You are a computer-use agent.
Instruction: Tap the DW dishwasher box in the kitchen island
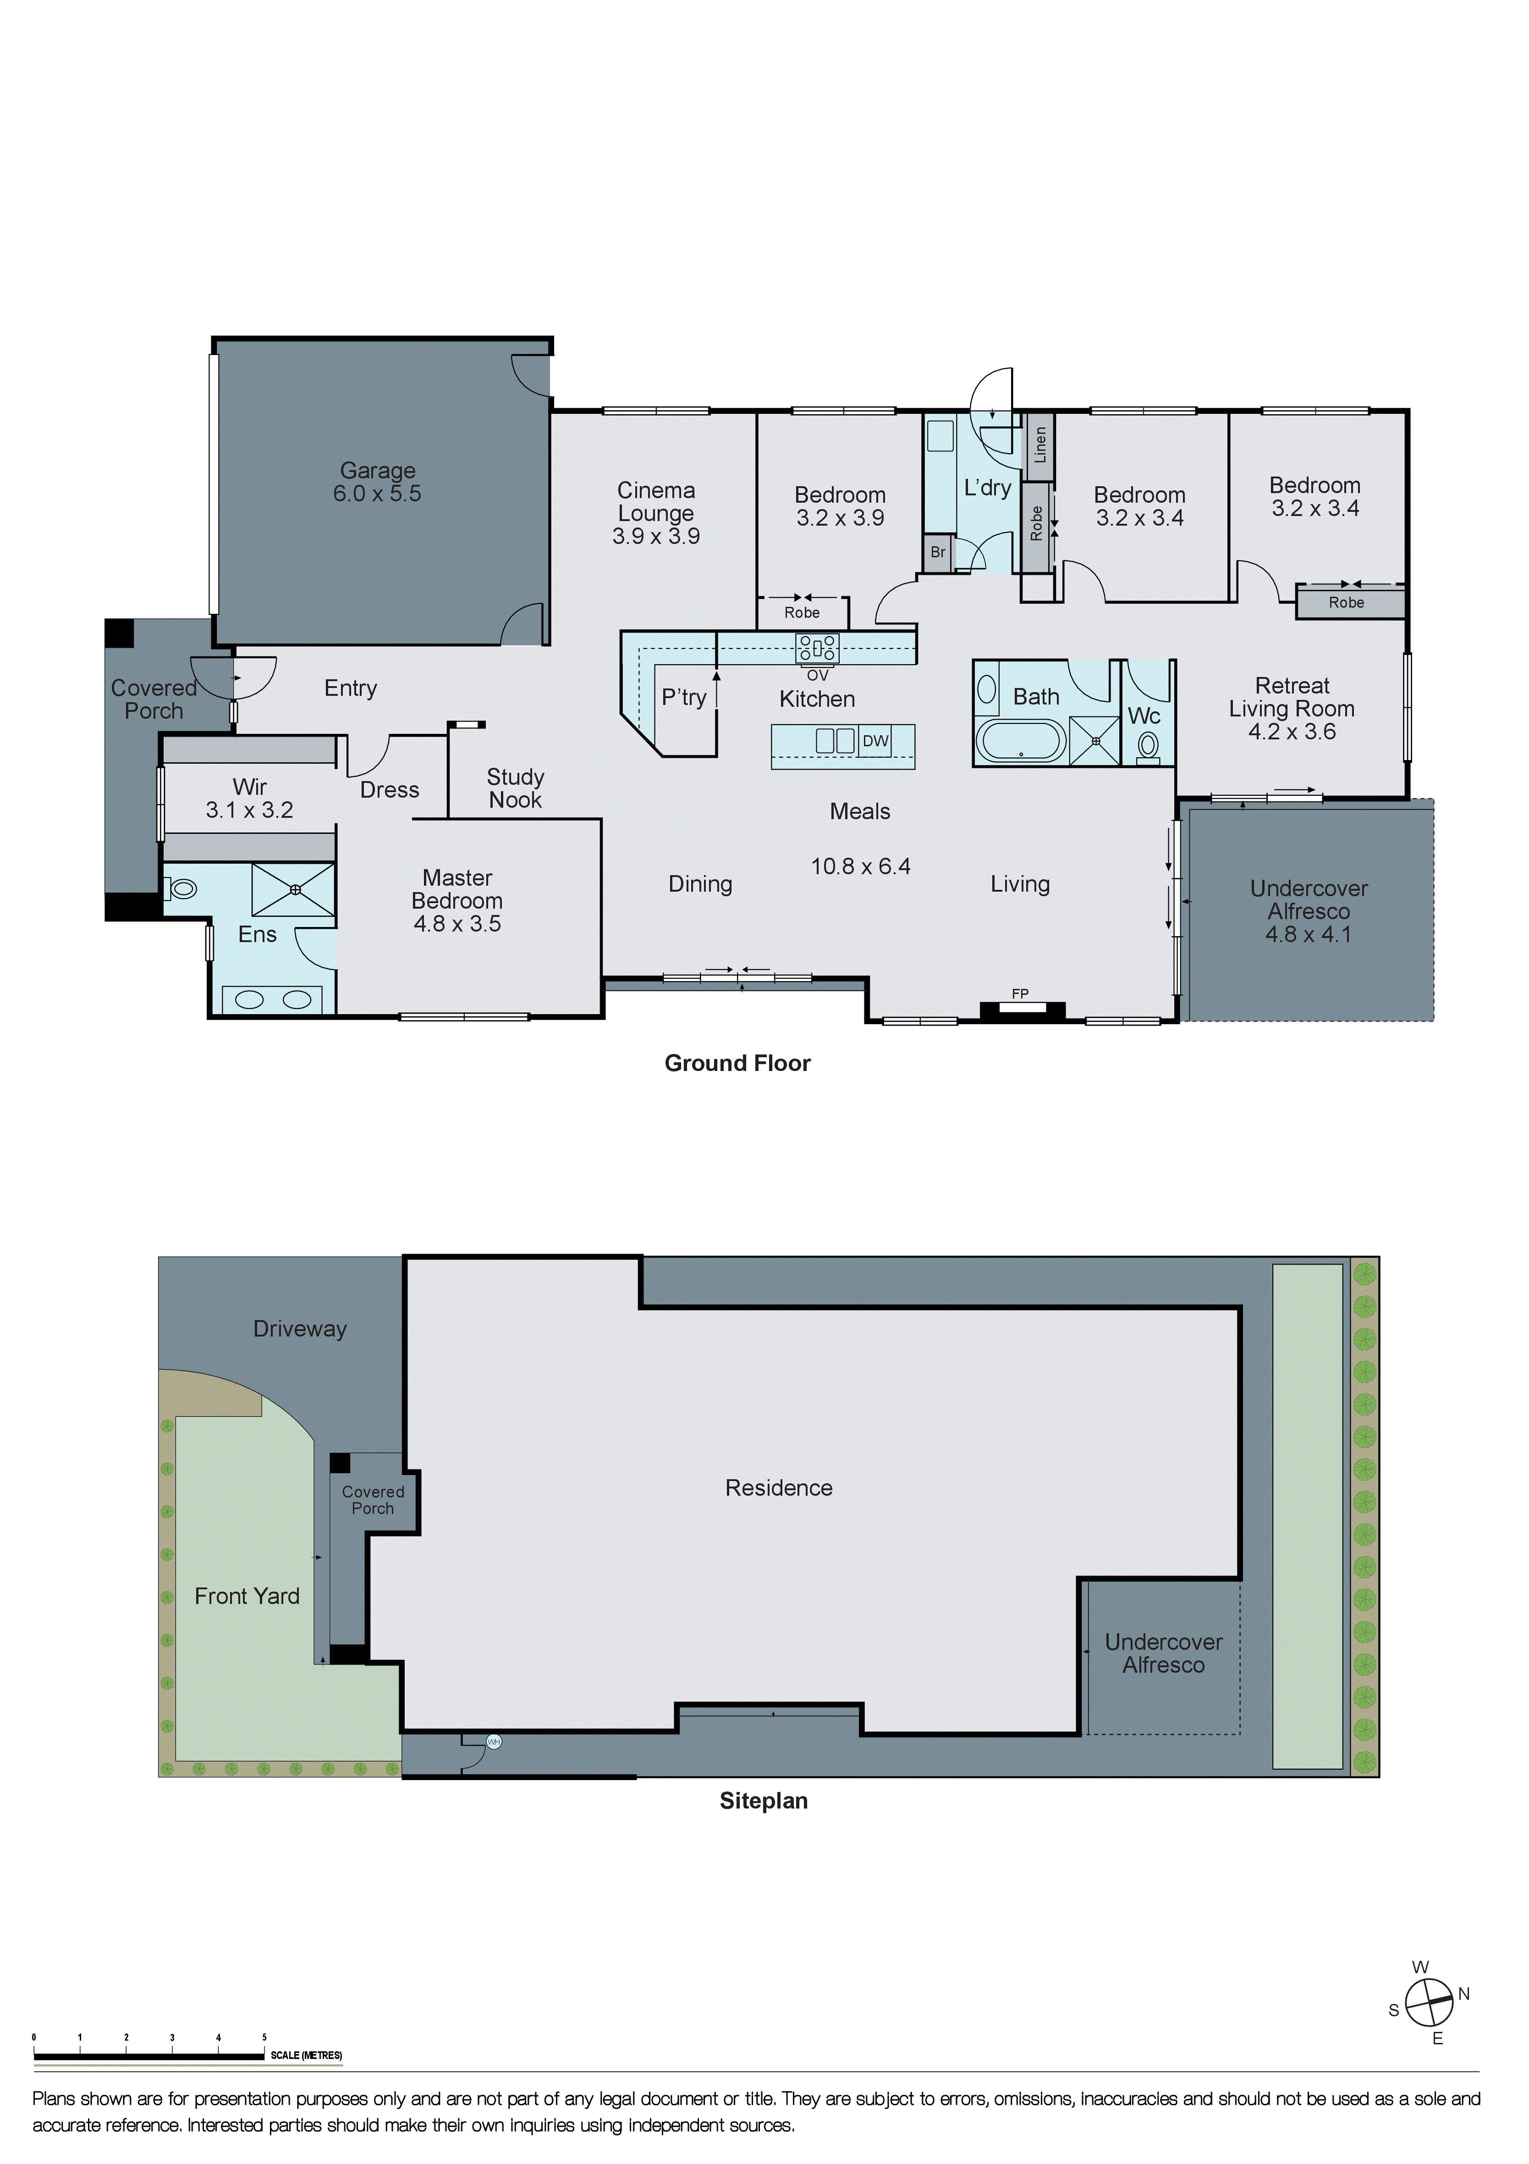pyautogui.click(x=875, y=741)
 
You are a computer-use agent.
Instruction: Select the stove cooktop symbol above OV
pyautogui.click(x=817, y=648)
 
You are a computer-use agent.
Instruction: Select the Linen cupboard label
pyautogui.click(x=1040, y=445)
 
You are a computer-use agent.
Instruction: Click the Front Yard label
pyautogui.click(x=247, y=1596)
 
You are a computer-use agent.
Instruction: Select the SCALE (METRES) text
pyautogui.click(x=306, y=2056)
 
